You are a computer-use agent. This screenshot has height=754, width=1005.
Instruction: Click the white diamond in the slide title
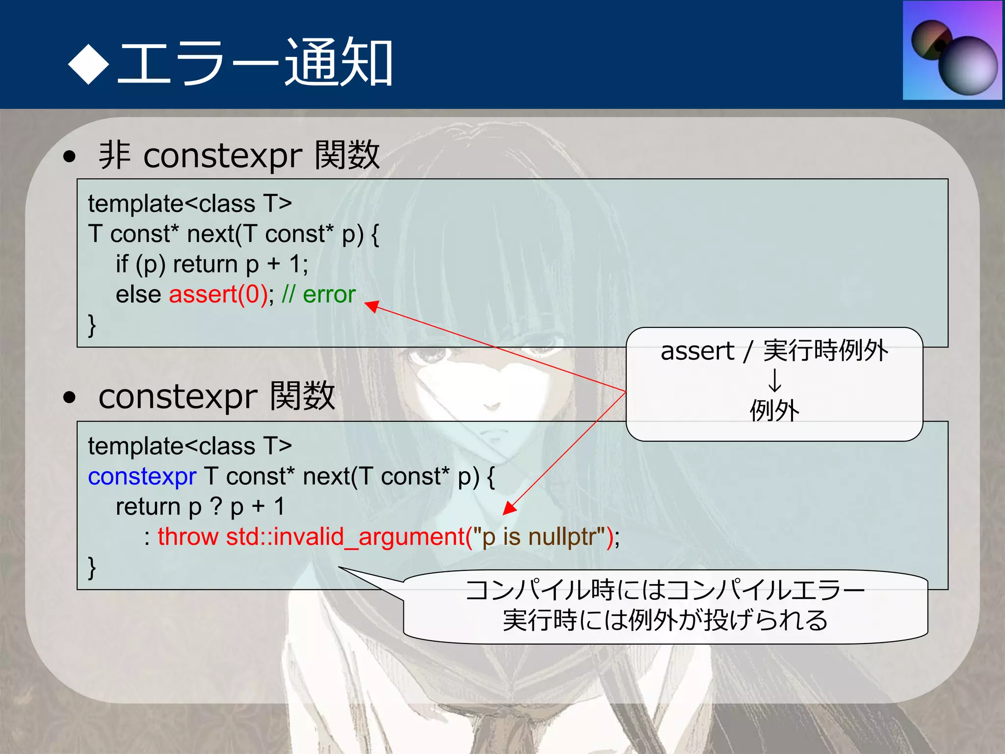click(x=88, y=63)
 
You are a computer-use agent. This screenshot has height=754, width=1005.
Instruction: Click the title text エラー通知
click(x=255, y=63)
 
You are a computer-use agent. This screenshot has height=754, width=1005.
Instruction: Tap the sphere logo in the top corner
click(x=952, y=51)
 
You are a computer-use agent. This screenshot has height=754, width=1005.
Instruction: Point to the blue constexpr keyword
click(x=142, y=477)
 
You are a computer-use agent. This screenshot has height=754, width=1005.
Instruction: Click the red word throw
click(x=187, y=537)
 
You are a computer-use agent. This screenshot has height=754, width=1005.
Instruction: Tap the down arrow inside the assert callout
click(x=774, y=380)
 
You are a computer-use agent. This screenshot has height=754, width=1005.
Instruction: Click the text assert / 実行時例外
click(x=774, y=351)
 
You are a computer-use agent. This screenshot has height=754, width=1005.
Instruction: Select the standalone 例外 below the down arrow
click(x=774, y=410)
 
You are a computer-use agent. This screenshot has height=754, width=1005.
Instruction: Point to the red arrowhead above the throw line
click(x=509, y=509)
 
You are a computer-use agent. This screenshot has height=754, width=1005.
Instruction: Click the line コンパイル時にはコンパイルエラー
click(x=665, y=590)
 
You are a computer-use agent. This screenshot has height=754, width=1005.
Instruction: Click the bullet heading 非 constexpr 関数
click(x=239, y=155)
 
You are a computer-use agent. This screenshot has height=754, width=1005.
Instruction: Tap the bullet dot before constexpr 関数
click(x=70, y=397)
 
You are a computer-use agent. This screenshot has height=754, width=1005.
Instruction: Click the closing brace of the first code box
click(x=92, y=325)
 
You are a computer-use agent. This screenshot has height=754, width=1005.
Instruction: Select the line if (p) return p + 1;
click(x=212, y=264)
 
